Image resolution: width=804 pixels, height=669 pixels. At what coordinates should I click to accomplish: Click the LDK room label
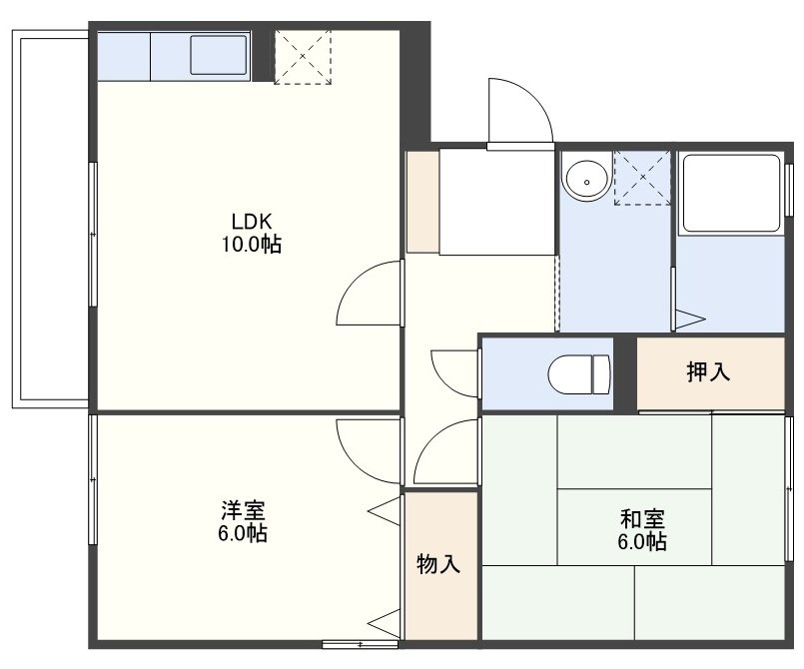[x=252, y=222]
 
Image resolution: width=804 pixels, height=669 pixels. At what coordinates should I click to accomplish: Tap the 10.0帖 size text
[x=252, y=245]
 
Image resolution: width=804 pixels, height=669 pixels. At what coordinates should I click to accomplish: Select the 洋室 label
[x=243, y=510]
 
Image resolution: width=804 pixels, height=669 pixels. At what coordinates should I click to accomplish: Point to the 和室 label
[x=642, y=519]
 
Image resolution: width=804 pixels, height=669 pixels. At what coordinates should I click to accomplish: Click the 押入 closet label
[x=708, y=371]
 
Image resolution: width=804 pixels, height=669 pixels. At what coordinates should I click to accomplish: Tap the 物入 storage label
[x=438, y=564]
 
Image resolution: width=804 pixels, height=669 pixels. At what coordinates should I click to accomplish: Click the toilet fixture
[x=579, y=374]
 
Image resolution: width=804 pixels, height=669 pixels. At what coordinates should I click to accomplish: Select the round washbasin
[x=586, y=181]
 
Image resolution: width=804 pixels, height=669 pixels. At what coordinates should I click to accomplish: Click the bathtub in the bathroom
[x=731, y=193]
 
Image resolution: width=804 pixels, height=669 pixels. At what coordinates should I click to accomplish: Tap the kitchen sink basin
[x=219, y=55]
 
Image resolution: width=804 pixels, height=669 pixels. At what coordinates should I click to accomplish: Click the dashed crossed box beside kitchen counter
[x=303, y=56]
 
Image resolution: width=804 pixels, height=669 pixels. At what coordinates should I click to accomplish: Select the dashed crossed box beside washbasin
[x=642, y=178]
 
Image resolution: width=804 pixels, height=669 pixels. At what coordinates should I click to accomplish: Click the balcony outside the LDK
[x=50, y=220]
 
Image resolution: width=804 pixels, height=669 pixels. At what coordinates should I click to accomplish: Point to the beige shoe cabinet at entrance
[x=422, y=202]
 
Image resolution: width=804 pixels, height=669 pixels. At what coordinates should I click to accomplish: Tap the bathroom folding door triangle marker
[x=690, y=319]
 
